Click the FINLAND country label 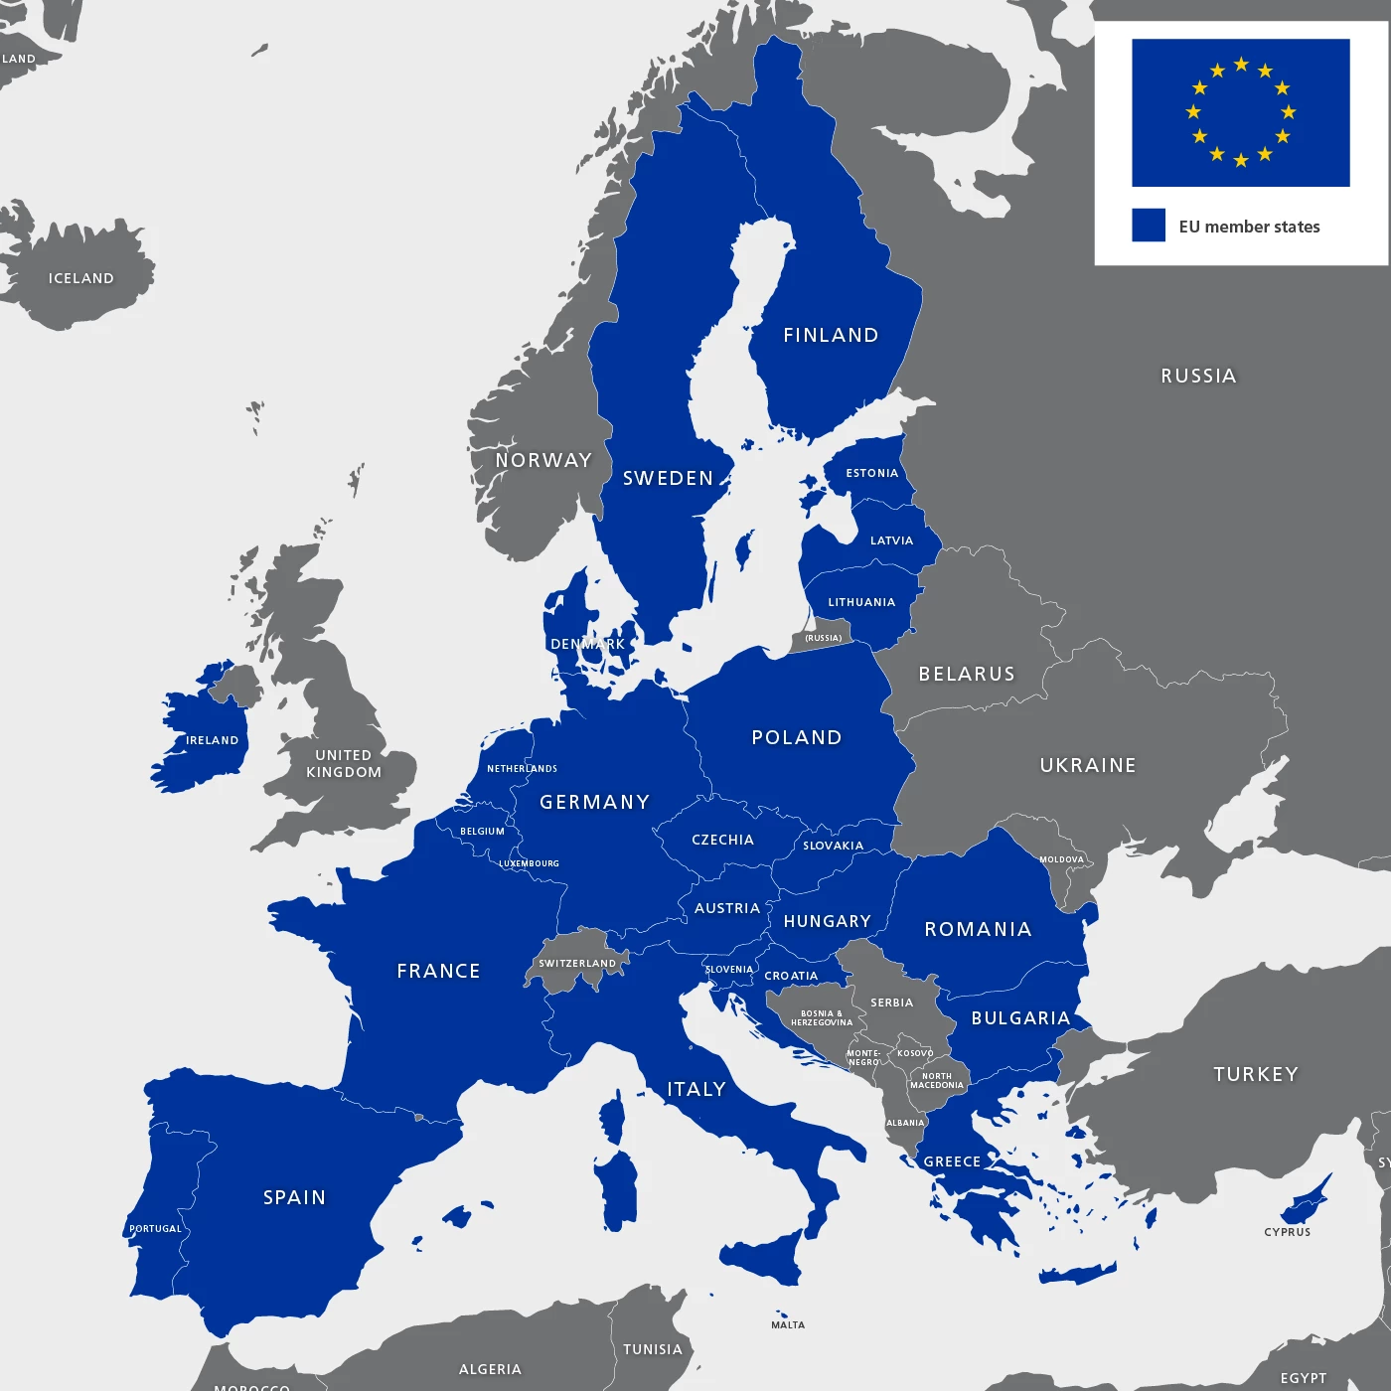(831, 336)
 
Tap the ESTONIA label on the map (871, 473)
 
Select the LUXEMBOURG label (529, 863)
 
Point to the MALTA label (788, 1324)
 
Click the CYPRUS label (1287, 1232)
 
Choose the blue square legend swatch (1149, 225)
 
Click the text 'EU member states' (1249, 227)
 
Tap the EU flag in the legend (1240, 112)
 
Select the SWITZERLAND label (577, 963)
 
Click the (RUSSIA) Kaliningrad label (823, 638)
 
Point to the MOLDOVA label (1061, 859)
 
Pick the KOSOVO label (915, 1053)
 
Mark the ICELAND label (81, 278)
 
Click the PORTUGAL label (156, 1229)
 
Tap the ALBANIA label (905, 1123)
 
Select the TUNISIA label (653, 1349)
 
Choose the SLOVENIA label (729, 970)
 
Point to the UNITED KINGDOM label (344, 764)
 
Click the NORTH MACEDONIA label (937, 1081)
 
